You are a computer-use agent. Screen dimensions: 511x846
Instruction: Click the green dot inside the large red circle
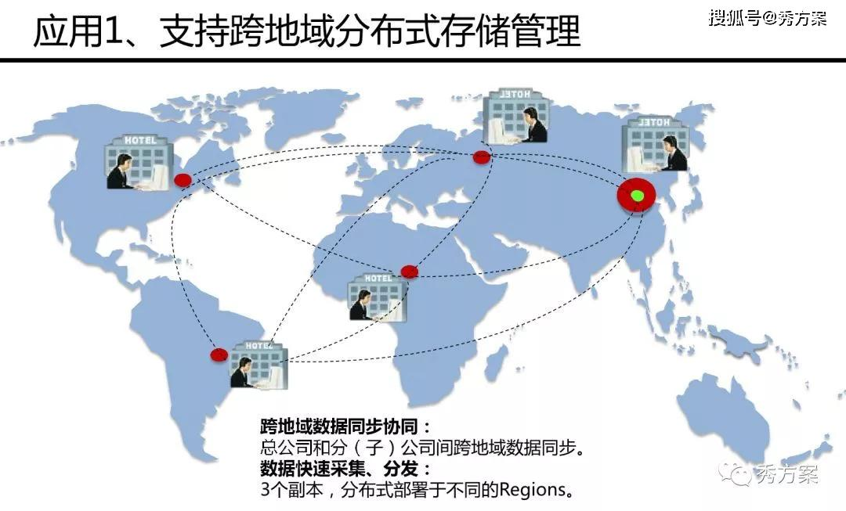pos(638,196)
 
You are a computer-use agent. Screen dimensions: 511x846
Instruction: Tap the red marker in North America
pos(183,181)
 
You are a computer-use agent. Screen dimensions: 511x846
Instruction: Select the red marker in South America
pos(219,354)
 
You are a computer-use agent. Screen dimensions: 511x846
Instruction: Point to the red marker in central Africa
pos(409,272)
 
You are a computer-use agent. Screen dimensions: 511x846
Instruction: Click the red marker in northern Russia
pos(482,157)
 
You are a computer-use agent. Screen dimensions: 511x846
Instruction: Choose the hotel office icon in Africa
pos(378,297)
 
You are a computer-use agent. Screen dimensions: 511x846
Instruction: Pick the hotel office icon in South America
pos(258,365)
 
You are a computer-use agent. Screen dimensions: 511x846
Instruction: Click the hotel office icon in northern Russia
pos(516,116)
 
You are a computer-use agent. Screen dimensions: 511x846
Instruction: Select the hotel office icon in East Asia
pos(656,143)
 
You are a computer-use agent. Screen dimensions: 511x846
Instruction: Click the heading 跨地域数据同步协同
pos(345,427)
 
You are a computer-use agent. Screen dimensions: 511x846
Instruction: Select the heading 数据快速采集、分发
pos(345,470)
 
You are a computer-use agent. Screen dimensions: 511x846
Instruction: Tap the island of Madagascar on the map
pos(494,362)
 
